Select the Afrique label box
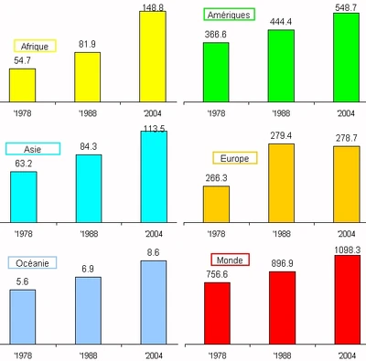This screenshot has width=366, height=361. [x=36, y=46]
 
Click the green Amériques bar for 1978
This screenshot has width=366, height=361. [x=217, y=71]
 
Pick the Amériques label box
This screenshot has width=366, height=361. [x=229, y=15]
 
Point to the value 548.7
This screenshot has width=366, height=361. [x=346, y=6]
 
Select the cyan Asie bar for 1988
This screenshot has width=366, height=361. [x=88, y=187]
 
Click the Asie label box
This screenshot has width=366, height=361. [x=33, y=149]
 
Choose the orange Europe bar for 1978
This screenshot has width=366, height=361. [x=216, y=203]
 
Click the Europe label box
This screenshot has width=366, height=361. [x=234, y=157]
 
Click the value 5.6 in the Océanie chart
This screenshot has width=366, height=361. [x=23, y=281]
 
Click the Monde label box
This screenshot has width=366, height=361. [x=231, y=260]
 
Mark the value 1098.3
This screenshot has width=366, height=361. [x=346, y=249]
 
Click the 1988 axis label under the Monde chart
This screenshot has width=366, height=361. [x=280, y=353]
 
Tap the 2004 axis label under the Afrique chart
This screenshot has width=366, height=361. [x=152, y=112]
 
